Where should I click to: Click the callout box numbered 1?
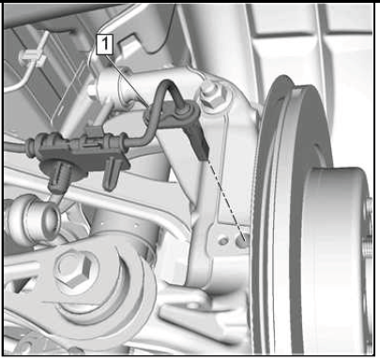pyautogui.click(x=104, y=44)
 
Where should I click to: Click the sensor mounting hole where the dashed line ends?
pyautogui.click(x=241, y=242)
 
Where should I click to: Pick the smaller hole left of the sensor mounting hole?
pyautogui.click(x=223, y=241)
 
